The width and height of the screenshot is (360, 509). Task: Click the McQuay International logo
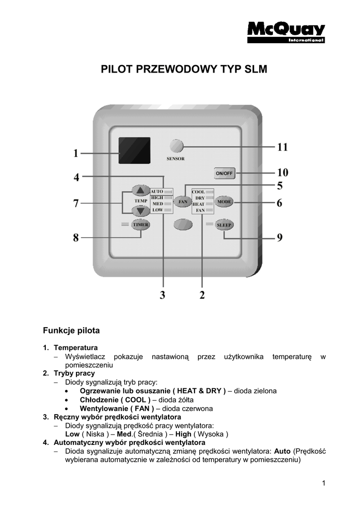point(286,32)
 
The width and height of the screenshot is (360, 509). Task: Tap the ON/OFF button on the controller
point(224,173)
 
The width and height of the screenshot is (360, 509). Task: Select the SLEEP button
point(225,225)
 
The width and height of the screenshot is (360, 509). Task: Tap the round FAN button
point(182,202)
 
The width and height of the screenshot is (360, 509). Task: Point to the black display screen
point(134,151)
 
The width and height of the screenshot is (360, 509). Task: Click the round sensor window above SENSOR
point(176,146)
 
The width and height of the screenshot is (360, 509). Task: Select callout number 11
point(282,147)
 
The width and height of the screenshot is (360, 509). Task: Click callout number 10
point(282,173)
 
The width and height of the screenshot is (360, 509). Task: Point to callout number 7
point(76,203)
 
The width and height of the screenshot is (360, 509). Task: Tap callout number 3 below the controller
point(163,295)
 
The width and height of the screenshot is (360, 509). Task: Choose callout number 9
point(279,238)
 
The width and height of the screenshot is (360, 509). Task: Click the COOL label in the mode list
point(198,192)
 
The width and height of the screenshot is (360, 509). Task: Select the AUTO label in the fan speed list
point(157,191)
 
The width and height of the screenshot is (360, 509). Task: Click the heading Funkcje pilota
point(71,331)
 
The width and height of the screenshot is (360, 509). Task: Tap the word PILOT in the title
point(115,69)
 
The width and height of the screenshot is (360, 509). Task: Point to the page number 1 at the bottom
point(323,483)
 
